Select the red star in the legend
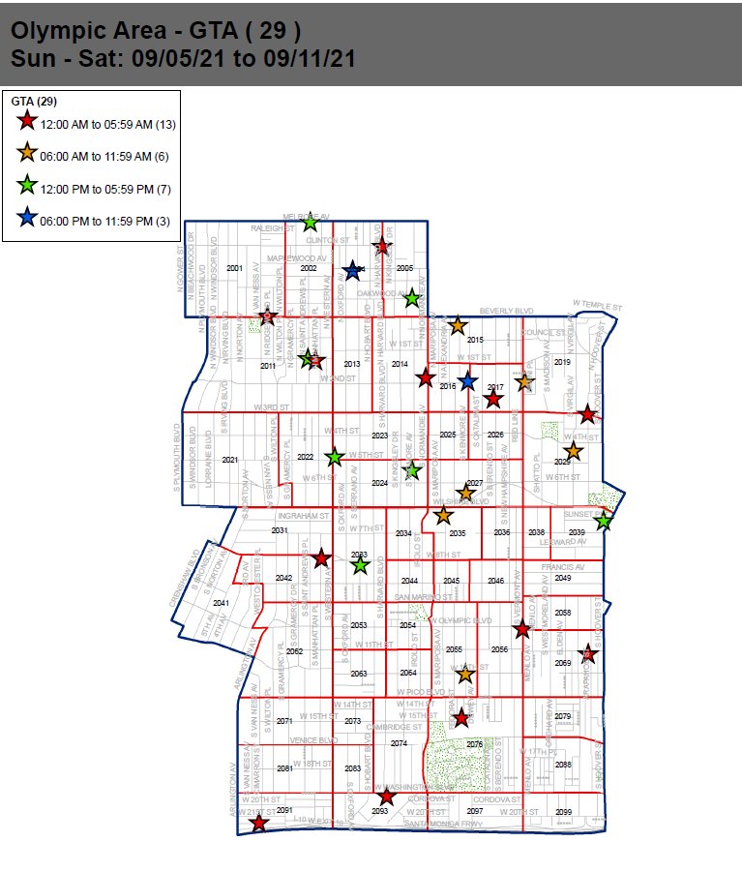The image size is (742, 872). (27, 122)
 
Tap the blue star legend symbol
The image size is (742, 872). (27, 219)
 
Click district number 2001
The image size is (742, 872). (233, 267)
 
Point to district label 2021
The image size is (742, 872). (229, 460)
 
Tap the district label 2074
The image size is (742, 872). (399, 743)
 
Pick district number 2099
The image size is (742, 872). (564, 811)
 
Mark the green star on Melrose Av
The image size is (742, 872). (310, 224)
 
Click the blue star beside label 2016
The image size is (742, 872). (467, 380)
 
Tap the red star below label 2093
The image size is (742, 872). (386, 797)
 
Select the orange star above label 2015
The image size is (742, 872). (458, 326)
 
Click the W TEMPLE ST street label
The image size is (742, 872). (597, 305)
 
